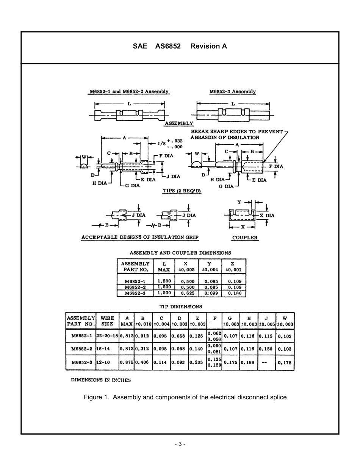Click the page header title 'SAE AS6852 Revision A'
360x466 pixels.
180,46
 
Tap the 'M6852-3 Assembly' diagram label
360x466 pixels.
232,92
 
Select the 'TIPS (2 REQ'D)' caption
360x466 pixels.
182,191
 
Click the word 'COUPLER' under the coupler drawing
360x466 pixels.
245,238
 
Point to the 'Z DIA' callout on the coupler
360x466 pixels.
267,216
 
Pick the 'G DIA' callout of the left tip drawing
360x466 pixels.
132,186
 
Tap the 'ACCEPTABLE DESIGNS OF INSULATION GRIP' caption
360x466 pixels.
140,238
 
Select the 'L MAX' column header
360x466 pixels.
164,267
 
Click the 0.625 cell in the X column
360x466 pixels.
188,293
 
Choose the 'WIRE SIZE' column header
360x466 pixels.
107,321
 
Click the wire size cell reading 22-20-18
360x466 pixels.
107,336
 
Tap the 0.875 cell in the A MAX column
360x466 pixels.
126,362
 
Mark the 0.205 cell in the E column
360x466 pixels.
197,362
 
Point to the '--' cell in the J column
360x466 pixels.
264,362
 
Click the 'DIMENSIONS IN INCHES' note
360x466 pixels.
101,380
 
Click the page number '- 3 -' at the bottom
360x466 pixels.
180,444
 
